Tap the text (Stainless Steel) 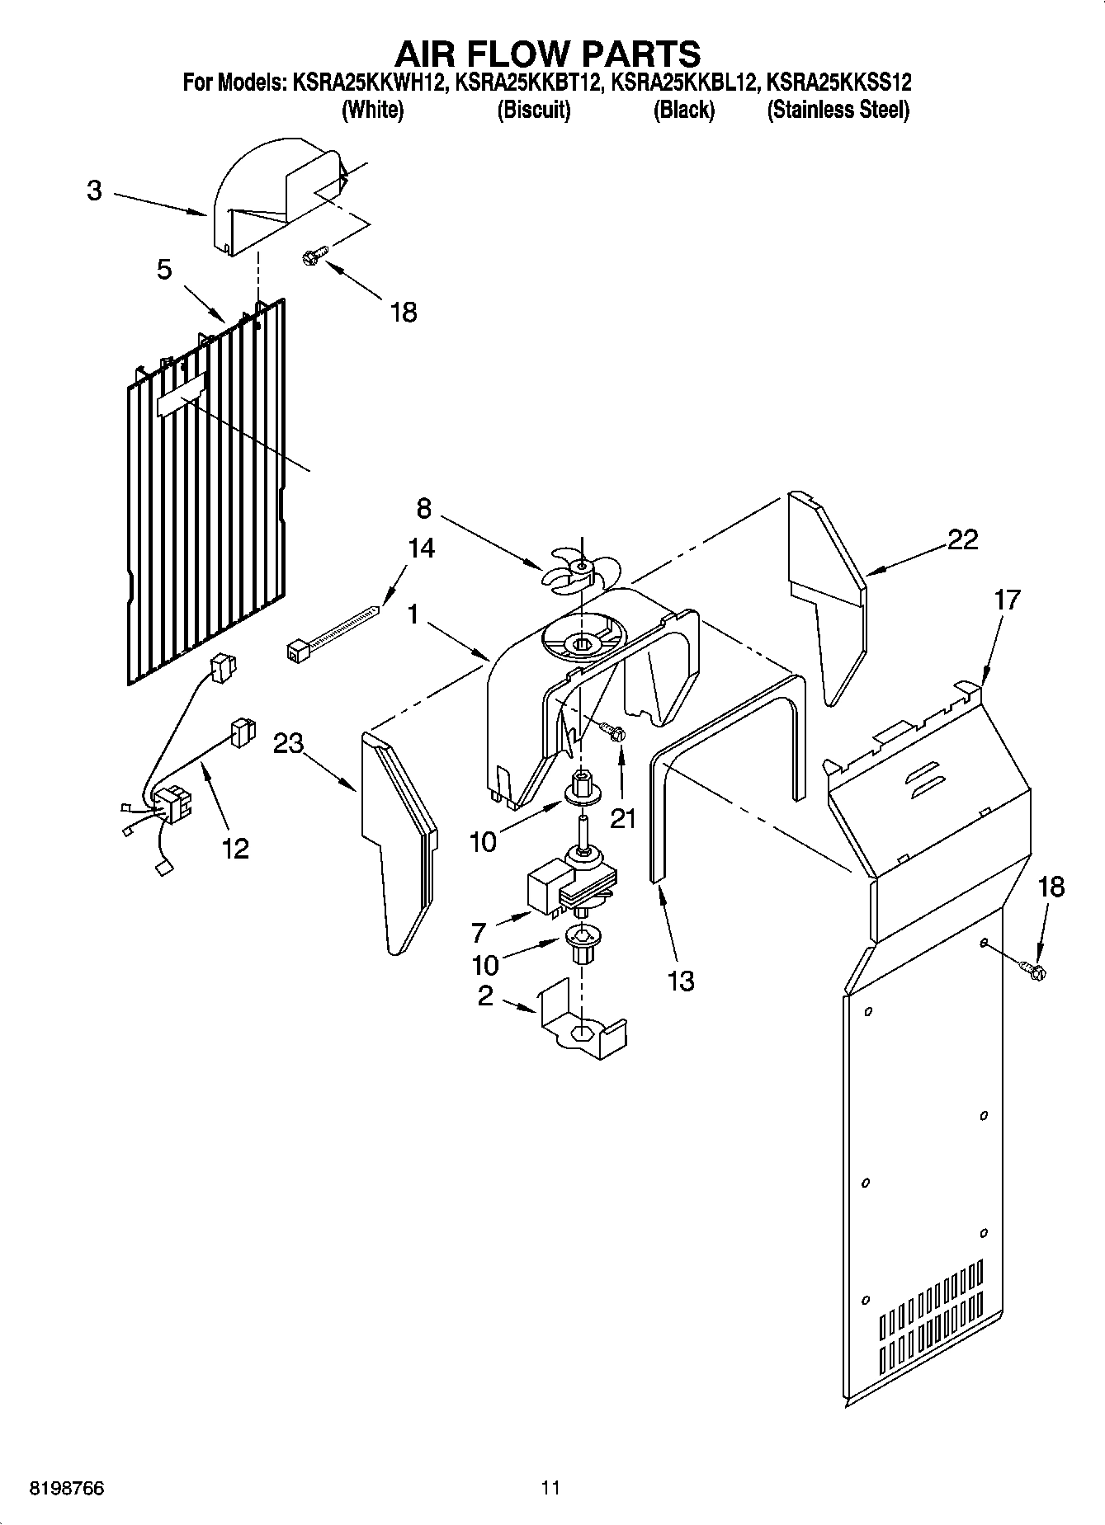click(x=838, y=110)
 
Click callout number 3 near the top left click(x=94, y=191)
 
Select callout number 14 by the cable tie click(x=421, y=548)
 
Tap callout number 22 click(x=962, y=539)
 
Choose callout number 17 click(x=1007, y=600)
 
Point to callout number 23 click(x=288, y=744)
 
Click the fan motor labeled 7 click(x=569, y=888)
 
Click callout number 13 click(x=680, y=981)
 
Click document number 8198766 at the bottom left click(x=67, y=1488)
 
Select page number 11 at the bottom click(x=550, y=1488)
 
